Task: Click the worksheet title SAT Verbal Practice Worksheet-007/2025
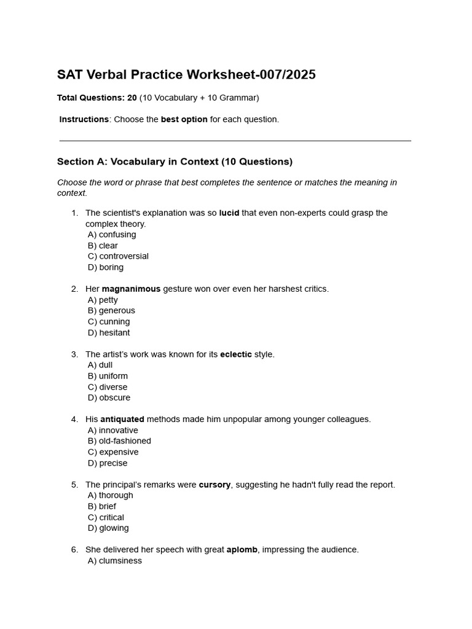(x=186, y=75)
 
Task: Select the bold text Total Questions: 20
(x=96, y=98)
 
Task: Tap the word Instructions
(x=84, y=119)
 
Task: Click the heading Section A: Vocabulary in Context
(x=175, y=162)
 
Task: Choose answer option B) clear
(x=103, y=246)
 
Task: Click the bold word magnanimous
(x=131, y=289)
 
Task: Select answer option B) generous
(x=111, y=311)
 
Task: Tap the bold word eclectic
(x=236, y=354)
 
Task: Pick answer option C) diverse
(x=108, y=387)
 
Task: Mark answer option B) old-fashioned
(x=119, y=441)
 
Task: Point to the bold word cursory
(x=214, y=485)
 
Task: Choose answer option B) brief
(x=102, y=507)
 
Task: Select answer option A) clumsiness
(x=115, y=561)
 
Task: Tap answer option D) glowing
(x=108, y=528)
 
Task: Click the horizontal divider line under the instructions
(x=235, y=141)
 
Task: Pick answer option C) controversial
(x=118, y=256)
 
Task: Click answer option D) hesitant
(x=109, y=333)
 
